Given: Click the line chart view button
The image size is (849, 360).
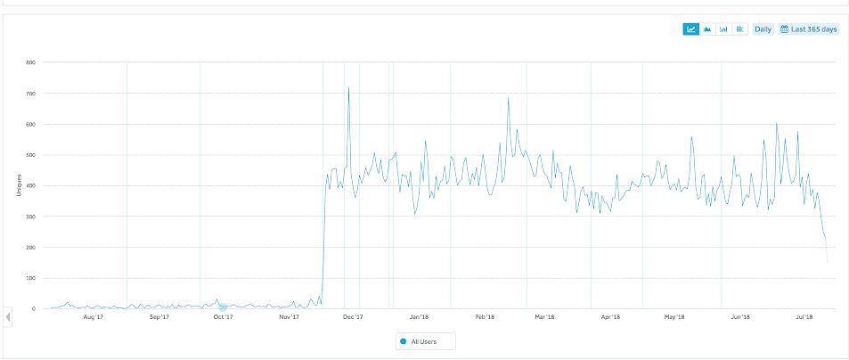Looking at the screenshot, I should point(690,29).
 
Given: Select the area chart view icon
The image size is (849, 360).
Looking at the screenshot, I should point(707,29).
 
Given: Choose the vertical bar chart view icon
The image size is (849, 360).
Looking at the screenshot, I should point(723,29).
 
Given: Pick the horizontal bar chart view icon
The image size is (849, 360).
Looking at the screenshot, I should point(739,29).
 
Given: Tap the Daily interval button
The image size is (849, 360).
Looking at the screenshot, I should point(763,29).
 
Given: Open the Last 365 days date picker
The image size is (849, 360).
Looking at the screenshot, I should point(809,29).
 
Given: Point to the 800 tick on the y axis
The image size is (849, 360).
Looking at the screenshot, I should point(30,62).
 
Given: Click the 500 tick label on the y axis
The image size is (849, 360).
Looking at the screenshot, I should point(30,155).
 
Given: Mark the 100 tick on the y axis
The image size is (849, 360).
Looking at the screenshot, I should point(30,278).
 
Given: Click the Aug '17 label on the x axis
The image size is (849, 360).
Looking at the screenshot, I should point(94,316).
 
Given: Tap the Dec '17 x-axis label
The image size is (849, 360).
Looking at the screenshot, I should point(352,316).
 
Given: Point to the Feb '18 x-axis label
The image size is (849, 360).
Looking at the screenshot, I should point(485,316).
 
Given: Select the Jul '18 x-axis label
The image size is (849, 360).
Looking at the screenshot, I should point(804,316).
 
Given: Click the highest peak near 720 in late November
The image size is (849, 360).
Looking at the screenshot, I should point(348,87).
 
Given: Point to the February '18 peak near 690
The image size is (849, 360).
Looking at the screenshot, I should point(509,98).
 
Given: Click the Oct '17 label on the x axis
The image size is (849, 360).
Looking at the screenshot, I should point(223,316).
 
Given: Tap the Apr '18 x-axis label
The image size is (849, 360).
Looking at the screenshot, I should point(610,316).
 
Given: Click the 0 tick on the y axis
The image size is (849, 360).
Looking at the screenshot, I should point(33,309).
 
